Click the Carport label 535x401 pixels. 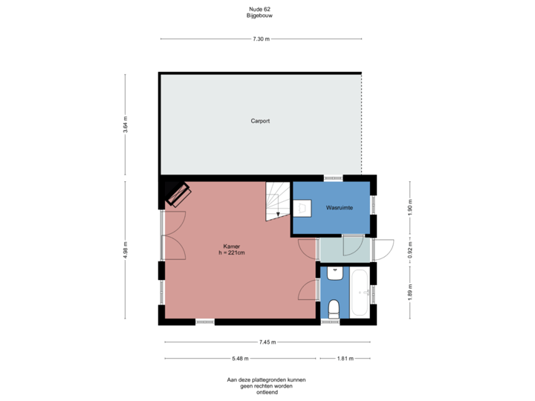[259, 120]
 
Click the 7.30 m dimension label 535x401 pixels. [261, 39]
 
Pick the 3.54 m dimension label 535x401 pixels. [126, 124]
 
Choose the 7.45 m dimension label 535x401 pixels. [267, 342]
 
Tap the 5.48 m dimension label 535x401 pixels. [240, 358]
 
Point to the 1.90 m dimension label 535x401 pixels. [409, 206]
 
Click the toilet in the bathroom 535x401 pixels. [334, 307]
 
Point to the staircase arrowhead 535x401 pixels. [278, 215]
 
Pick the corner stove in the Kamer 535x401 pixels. [178, 194]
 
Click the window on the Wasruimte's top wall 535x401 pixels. [334, 177]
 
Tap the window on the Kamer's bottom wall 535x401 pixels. [205, 322]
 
